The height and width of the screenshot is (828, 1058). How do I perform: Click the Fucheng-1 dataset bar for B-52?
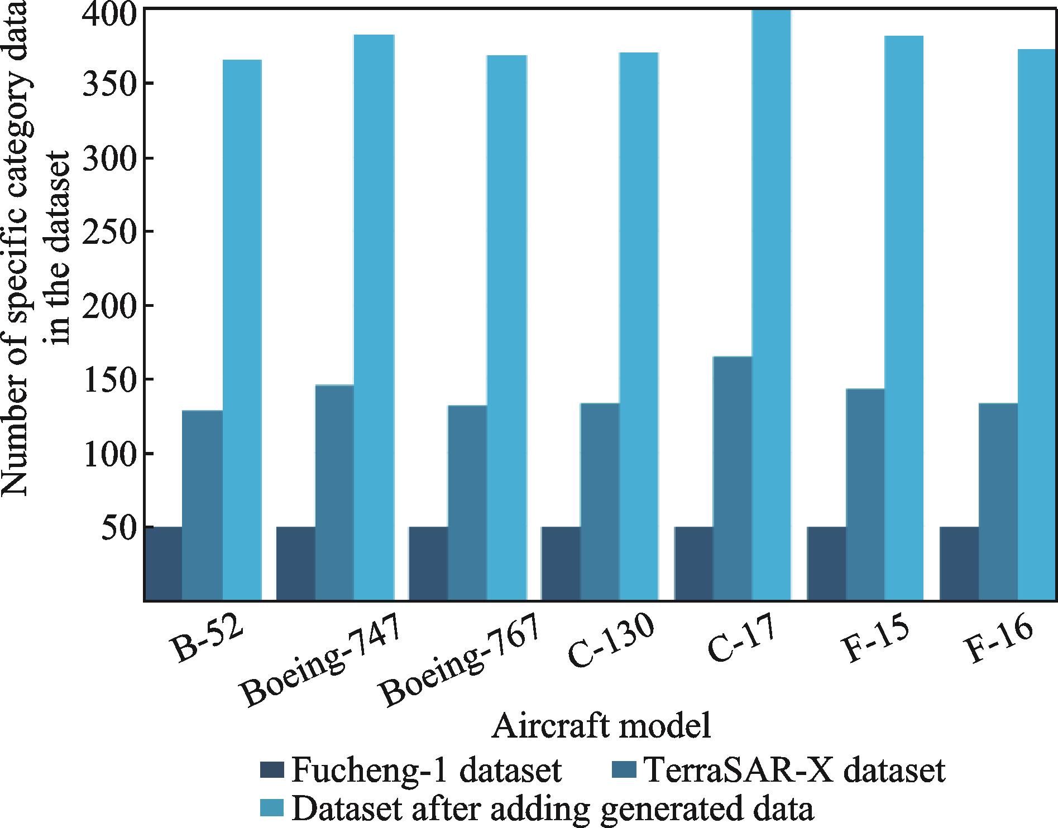point(163,564)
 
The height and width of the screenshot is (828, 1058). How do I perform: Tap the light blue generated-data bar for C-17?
point(771,305)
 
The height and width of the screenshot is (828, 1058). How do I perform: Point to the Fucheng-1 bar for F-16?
point(959,564)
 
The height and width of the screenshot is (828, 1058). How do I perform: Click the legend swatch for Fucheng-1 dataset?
point(272,771)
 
